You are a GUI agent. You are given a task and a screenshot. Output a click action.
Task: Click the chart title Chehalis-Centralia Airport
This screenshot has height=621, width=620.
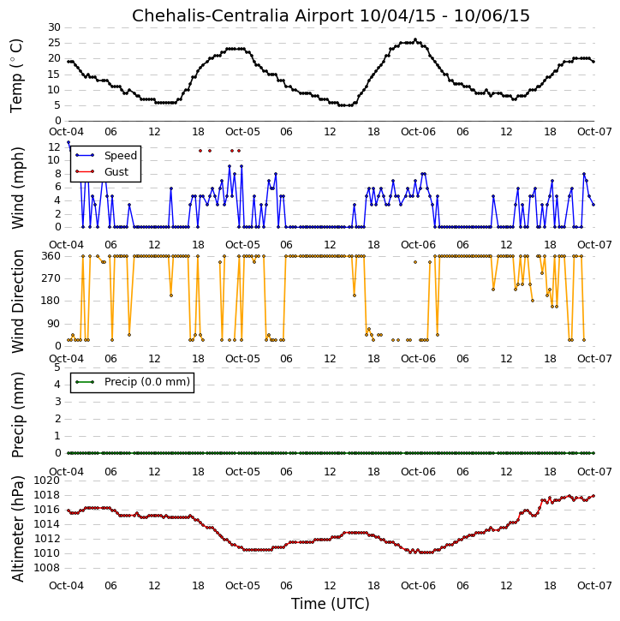point(242,15)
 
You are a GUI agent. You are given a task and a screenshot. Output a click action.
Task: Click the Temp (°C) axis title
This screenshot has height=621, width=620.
point(16,75)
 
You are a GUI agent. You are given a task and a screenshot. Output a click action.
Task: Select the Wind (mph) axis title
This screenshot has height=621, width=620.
point(17,188)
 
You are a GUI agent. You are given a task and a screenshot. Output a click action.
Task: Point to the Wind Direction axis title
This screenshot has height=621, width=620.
point(17,302)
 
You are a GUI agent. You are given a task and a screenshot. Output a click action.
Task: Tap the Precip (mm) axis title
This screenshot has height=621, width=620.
point(17,415)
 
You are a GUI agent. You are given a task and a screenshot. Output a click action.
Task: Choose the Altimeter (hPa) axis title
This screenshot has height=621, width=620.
point(17,528)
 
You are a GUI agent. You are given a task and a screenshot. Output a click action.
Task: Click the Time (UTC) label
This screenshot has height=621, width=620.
point(331,604)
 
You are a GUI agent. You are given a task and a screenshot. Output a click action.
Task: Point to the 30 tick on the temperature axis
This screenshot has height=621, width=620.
point(54,27)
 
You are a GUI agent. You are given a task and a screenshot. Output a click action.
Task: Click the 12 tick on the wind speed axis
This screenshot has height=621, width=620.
point(54,147)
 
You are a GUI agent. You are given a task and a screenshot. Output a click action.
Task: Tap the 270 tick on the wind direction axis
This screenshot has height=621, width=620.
point(51,278)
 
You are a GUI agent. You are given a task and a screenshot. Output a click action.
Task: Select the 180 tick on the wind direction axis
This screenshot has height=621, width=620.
point(51,301)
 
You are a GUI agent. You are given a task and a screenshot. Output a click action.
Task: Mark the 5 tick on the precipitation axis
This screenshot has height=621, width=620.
point(57,367)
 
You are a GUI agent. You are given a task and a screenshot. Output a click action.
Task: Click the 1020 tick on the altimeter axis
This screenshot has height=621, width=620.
point(47,481)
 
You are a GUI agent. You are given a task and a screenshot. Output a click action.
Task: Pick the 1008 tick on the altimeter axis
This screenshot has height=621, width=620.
point(47,568)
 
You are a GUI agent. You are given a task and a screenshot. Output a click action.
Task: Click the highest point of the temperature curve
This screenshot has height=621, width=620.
point(415,39)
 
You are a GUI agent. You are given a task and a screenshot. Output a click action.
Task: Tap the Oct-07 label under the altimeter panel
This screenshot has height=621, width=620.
point(594,585)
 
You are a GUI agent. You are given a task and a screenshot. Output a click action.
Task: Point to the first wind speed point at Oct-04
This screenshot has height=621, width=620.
point(69,142)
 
